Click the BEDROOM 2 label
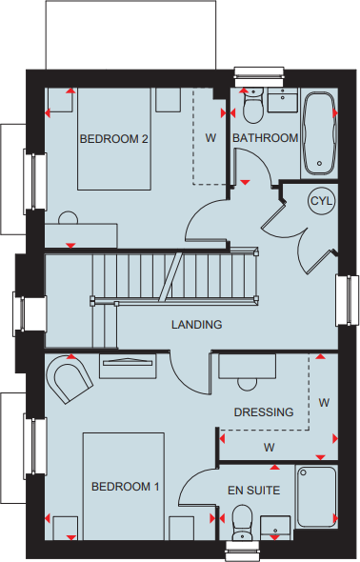point(113,138)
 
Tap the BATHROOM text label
point(266,138)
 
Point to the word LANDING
point(196,325)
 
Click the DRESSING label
point(264,411)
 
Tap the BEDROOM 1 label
point(125,487)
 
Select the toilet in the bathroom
point(252,109)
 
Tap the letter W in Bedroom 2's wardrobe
point(210,138)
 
